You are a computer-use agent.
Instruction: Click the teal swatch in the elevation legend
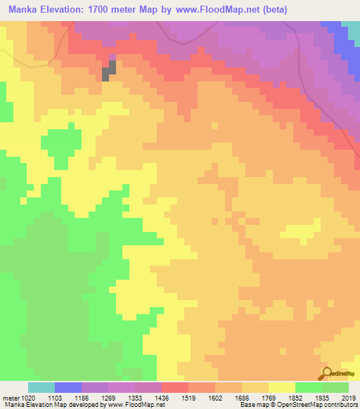41,387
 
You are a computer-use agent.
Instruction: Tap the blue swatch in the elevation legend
68,387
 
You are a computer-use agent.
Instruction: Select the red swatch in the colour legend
175,387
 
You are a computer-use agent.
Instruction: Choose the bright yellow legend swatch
282,387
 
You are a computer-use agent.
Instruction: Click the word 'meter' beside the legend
11,398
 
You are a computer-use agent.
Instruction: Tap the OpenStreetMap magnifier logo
328,373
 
